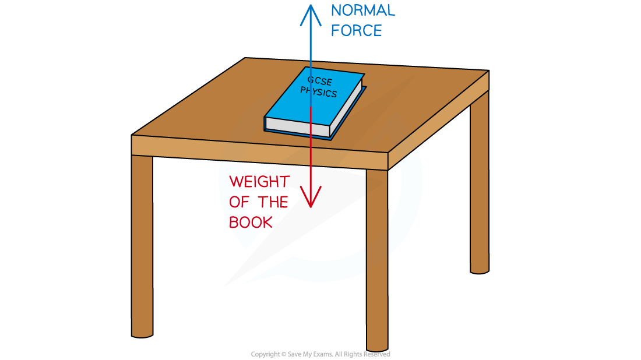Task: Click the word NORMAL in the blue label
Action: (x=362, y=10)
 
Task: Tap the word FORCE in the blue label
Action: (x=356, y=30)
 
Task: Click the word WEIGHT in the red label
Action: (x=259, y=182)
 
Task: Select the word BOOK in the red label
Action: (x=251, y=223)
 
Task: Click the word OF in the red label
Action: (x=238, y=202)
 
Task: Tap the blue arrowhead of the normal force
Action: (x=311, y=13)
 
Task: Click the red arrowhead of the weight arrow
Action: (x=311, y=199)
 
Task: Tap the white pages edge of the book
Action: (x=297, y=126)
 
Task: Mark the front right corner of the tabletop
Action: (x=388, y=153)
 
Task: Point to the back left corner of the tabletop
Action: (x=246, y=59)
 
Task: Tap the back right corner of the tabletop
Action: (x=488, y=71)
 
